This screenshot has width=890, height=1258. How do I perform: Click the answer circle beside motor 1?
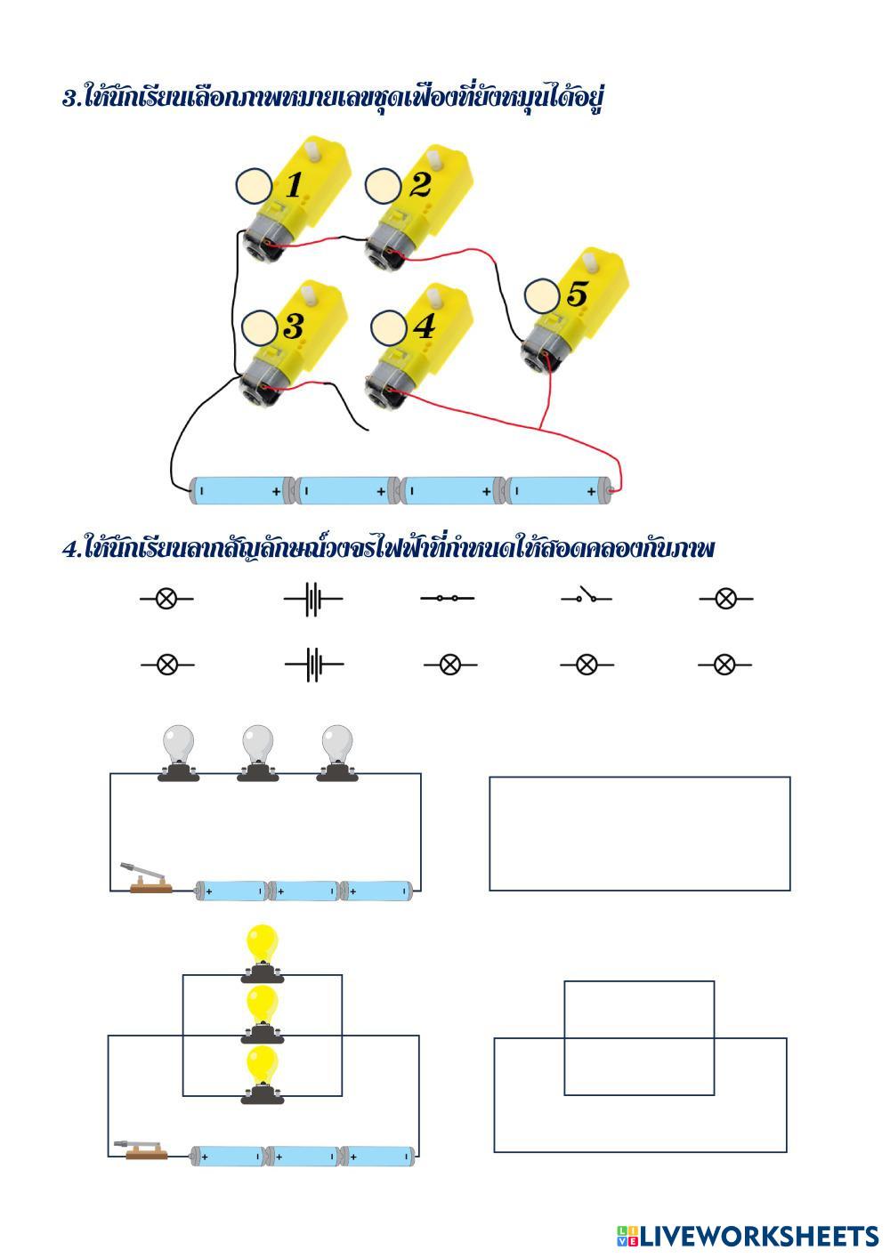coord(255,187)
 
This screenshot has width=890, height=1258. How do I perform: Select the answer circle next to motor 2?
coord(384,187)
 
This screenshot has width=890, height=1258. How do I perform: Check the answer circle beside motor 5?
coord(542,296)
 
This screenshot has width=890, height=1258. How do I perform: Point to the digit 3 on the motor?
coord(293,327)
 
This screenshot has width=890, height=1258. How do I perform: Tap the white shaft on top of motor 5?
coord(593,262)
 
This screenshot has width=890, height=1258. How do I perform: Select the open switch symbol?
coord(587,596)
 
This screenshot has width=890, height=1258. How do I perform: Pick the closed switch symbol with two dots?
coord(447,598)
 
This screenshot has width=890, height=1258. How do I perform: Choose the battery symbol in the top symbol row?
coord(312,599)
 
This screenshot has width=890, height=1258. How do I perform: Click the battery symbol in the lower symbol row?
coord(313,664)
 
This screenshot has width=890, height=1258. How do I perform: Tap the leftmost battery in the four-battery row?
coord(240,489)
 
